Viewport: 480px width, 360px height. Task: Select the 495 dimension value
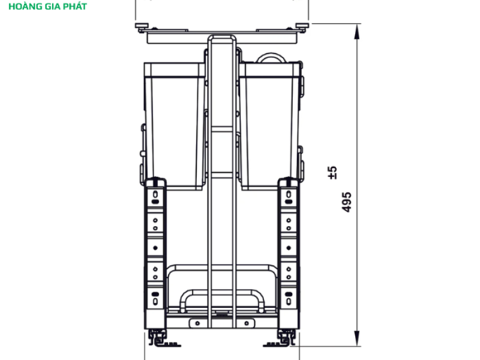[347, 202]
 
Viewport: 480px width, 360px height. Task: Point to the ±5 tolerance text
[332, 172]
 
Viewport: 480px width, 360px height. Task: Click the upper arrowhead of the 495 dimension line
[356, 32]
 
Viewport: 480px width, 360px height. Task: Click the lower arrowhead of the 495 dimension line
[356, 338]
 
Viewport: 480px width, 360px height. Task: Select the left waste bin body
[175, 126]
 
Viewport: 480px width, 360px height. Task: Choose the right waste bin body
[270, 126]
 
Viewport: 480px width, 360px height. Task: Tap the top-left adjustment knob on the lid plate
[142, 26]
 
